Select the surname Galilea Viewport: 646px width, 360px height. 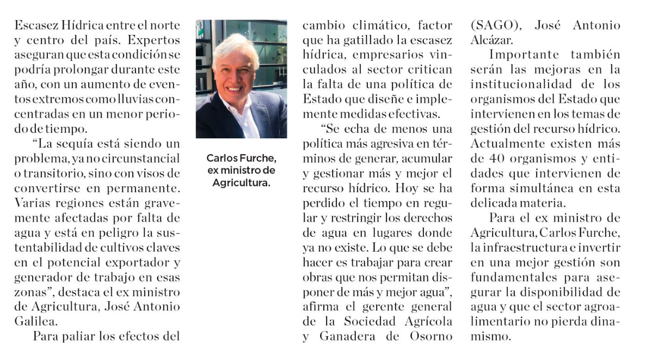35,321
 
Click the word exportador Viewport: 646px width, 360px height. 137,262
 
